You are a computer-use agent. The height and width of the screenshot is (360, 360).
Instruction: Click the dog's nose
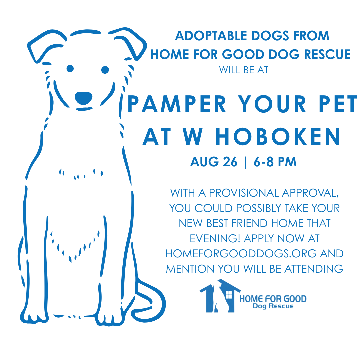84,98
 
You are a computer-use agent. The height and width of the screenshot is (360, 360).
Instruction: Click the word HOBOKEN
278,137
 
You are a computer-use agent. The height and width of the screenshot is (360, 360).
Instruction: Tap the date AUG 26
214,162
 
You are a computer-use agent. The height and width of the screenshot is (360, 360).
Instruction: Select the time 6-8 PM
275,162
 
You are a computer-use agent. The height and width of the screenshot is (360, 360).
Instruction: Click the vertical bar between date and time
246,162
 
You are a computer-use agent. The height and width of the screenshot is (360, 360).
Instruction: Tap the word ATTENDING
314,269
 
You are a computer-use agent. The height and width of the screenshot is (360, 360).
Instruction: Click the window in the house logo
229,295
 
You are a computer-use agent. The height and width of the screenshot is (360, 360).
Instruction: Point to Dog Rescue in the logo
273,306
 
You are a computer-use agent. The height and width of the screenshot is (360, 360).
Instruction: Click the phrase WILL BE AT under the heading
244,70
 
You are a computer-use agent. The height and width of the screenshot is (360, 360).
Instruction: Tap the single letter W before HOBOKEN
193,137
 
